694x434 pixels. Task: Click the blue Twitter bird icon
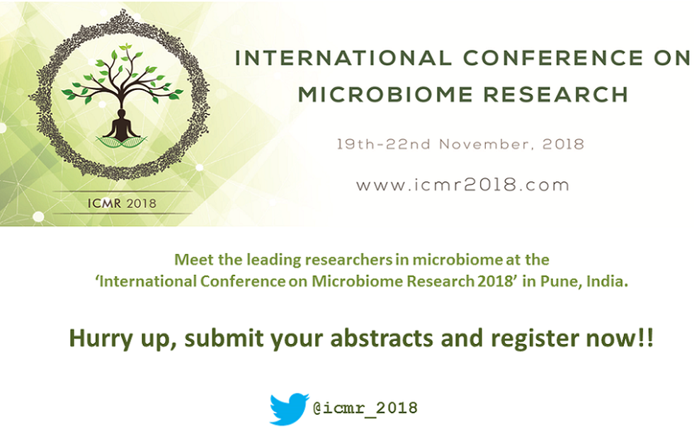(x=289, y=409)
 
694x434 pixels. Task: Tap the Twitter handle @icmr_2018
(x=365, y=408)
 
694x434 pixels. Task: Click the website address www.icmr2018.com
(x=462, y=185)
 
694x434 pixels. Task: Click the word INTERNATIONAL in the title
(x=343, y=58)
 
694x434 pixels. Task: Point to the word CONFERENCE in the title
(x=553, y=58)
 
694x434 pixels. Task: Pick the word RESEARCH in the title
(x=556, y=95)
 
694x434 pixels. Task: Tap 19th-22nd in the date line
(x=383, y=144)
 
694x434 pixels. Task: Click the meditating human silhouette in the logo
(x=121, y=125)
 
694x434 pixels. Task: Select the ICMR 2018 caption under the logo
(x=122, y=203)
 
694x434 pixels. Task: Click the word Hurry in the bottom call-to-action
(x=101, y=339)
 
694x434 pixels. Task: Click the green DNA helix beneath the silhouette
(x=121, y=142)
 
